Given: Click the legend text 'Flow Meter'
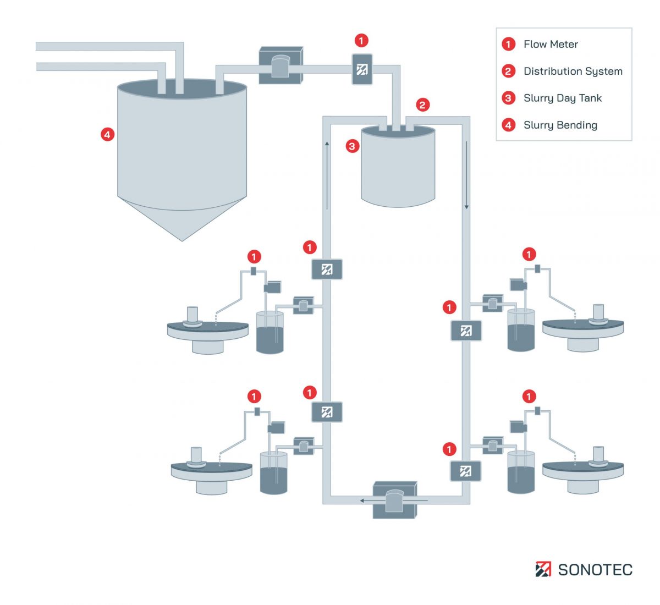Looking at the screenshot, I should tap(551, 45).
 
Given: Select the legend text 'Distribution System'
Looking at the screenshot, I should tap(573, 71).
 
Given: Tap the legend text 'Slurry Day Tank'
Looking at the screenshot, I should tap(562, 98).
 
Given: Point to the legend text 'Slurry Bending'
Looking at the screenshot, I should tap(560, 125).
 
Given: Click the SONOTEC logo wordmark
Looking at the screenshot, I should tap(595, 570).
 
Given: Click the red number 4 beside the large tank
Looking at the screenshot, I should tap(107, 134).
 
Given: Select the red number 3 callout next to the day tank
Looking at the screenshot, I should tap(352, 146).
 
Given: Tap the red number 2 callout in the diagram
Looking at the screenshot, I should tap(422, 105).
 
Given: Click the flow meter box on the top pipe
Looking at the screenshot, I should tap(362, 69).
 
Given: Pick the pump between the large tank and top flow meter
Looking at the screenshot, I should tap(280, 66).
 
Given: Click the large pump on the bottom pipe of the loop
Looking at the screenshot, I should tap(394, 499).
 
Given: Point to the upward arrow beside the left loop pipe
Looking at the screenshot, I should tap(327, 176).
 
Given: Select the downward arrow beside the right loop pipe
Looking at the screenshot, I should tap(466, 176).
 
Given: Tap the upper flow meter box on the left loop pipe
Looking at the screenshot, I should tap(327, 269).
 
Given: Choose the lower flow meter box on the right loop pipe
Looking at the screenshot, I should tap(465, 471).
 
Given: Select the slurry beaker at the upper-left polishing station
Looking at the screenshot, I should tap(270, 332).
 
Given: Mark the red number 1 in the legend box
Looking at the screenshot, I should tap(508, 45).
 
